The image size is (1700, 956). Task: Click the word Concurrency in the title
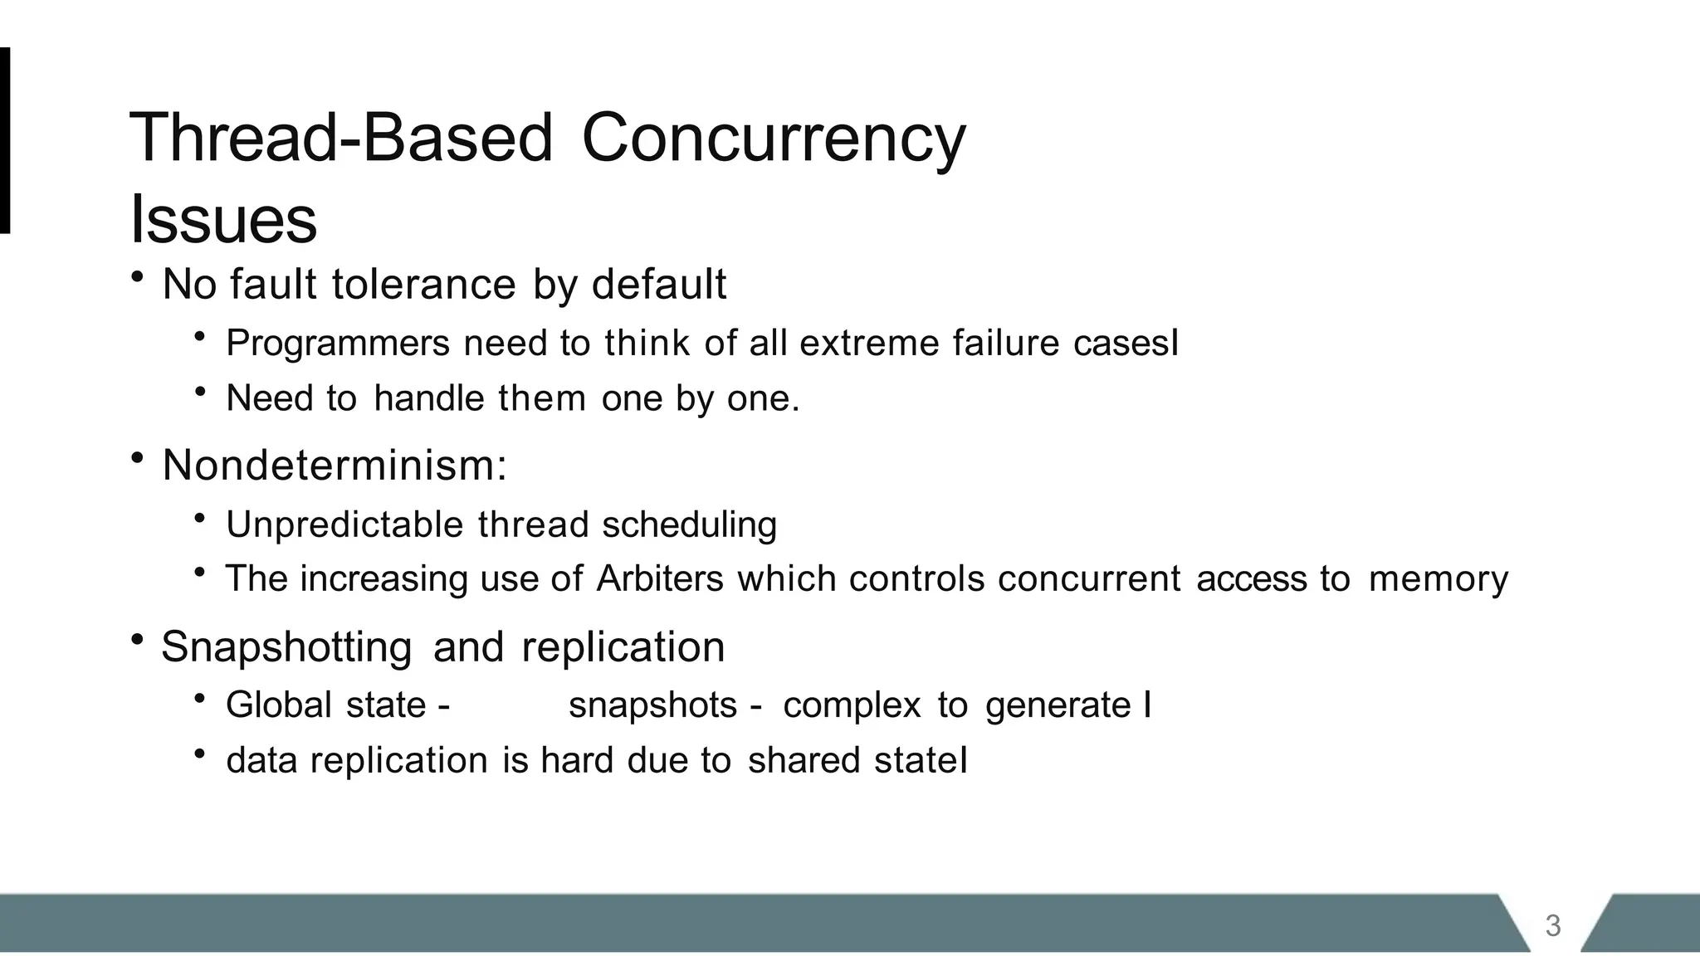[x=774, y=138]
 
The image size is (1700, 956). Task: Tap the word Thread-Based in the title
[x=341, y=138]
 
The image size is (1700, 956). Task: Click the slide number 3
[x=1553, y=925]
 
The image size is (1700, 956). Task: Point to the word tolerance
[x=424, y=285]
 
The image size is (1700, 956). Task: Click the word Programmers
[x=338, y=343]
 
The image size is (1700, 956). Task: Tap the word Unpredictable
[x=344, y=524]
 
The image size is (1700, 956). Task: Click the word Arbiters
[x=660, y=578]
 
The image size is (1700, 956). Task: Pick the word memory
[x=1438, y=578]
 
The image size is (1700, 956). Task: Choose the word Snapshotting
[x=286, y=646]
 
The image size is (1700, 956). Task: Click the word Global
[x=279, y=705]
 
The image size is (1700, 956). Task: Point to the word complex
[x=852, y=705]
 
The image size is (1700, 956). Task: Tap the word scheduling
[x=689, y=524]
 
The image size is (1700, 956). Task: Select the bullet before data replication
[x=199, y=754]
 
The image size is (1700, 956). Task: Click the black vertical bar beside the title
[x=5, y=140]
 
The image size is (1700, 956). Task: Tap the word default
[x=659, y=285]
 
